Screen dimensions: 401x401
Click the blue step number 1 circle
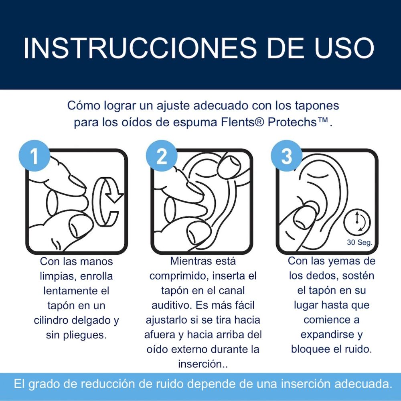tap(34, 156)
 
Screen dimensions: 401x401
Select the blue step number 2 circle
tap(162, 156)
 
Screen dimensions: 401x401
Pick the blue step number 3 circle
tap(286, 156)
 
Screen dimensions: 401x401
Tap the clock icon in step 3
tap(357, 221)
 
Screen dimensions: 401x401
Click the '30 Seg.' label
tap(360, 242)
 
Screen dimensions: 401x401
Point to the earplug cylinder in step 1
tap(54, 203)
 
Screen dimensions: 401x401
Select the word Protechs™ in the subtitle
tap(298, 122)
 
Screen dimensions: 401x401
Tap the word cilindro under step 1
tap(50, 320)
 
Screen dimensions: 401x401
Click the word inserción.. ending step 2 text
tap(203, 364)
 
